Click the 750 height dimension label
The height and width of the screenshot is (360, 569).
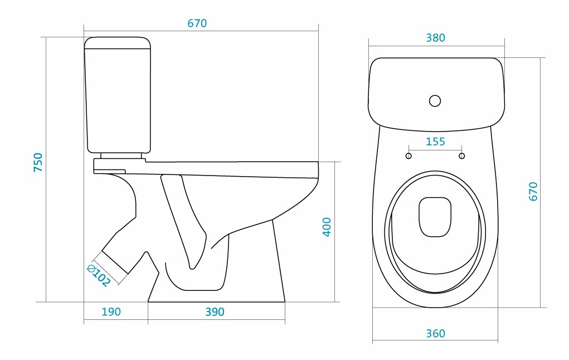(x=38, y=162)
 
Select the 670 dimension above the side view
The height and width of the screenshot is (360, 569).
(x=197, y=23)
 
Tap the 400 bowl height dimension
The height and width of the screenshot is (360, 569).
(x=327, y=227)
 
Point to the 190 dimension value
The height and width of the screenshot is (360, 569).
(x=111, y=312)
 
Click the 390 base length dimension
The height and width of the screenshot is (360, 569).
(x=215, y=312)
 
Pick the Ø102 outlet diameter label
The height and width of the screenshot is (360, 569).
(x=99, y=275)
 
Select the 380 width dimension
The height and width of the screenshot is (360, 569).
(x=435, y=38)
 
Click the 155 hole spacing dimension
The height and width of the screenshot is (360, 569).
(x=435, y=142)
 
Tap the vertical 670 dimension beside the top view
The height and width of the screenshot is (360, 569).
(x=533, y=191)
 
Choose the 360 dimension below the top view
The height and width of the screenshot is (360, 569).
(x=435, y=334)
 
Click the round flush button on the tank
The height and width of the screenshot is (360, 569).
(x=435, y=101)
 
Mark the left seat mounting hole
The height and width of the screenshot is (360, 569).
(x=408, y=156)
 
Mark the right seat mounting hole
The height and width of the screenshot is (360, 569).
(x=461, y=156)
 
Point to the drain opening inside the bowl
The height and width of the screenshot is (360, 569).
(x=435, y=216)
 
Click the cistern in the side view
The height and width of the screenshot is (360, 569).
(x=118, y=95)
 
